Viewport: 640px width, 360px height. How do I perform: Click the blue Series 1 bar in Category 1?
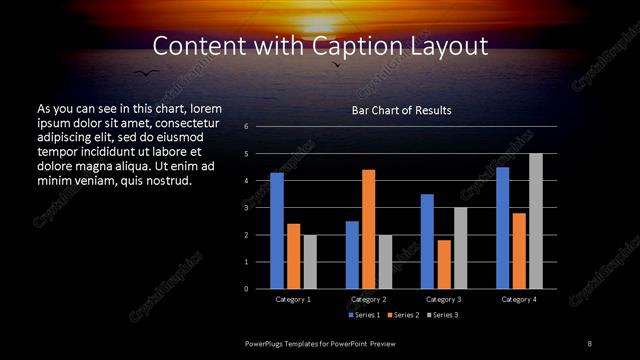(x=277, y=231)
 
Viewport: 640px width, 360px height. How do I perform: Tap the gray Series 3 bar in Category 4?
(x=536, y=221)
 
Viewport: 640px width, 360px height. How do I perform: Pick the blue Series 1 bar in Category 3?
(x=427, y=241)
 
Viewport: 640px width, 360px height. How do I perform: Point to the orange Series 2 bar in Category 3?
(x=444, y=264)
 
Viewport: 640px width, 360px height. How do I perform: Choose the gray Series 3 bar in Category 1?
(x=310, y=262)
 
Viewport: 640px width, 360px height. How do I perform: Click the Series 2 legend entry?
(x=403, y=315)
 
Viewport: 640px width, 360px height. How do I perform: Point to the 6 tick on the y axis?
(x=246, y=127)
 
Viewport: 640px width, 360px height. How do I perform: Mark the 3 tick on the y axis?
(x=246, y=208)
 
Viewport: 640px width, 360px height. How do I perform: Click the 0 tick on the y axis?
(x=246, y=289)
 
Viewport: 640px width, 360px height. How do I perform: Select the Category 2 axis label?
(x=369, y=299)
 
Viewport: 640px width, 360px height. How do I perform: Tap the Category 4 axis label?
(x=519, y=299)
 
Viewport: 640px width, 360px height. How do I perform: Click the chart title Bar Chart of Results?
(x=402, y=110)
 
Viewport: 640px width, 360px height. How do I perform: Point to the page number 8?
(x=589, y=343)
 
